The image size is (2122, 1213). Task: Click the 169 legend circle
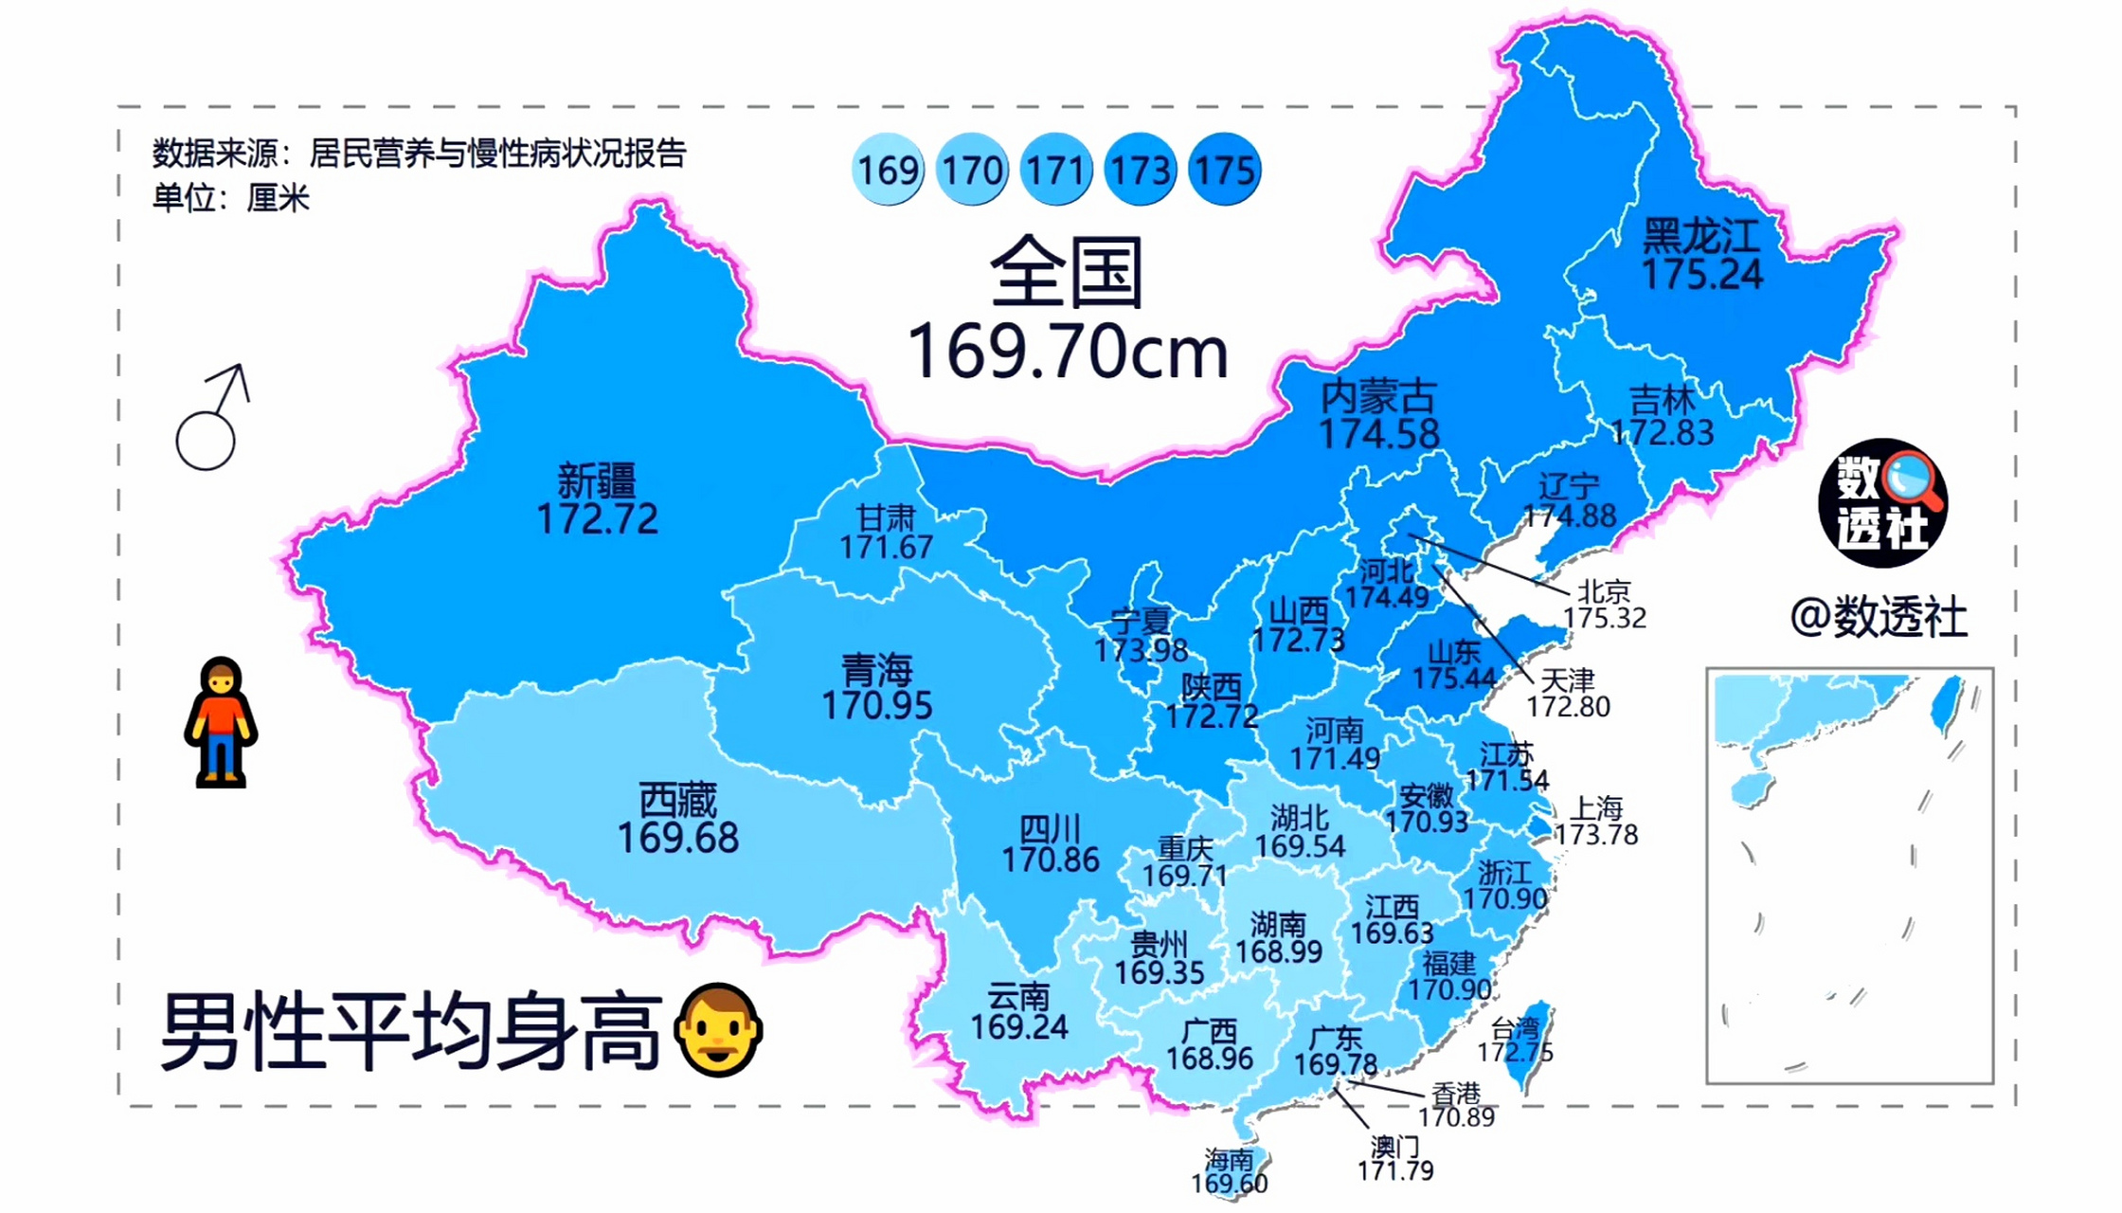[888, 170]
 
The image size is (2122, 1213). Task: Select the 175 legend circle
[1224, 170]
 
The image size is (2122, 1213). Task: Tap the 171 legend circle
[1055, 170]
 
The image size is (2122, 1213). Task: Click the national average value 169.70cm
[1068, 353]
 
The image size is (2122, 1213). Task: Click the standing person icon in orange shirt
[221, 722]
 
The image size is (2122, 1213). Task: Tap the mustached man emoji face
[718, 1030]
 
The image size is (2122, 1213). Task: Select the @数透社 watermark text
[1879, 618]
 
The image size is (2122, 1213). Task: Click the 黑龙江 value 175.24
[1701, 275]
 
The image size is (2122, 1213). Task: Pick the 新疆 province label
[597, 480]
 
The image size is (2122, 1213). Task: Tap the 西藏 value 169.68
[677, 838]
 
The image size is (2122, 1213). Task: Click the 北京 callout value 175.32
[1604, 618]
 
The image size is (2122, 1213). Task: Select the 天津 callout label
[1568, 680]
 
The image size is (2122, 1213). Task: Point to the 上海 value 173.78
[1596, 835]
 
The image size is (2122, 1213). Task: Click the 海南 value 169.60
[1229, 1184]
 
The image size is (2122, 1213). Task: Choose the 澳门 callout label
[1394, 1148]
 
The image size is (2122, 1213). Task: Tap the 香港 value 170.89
[1456, 1117]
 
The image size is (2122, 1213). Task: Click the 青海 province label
[877, 671]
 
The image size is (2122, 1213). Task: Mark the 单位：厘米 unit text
[231, 198]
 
